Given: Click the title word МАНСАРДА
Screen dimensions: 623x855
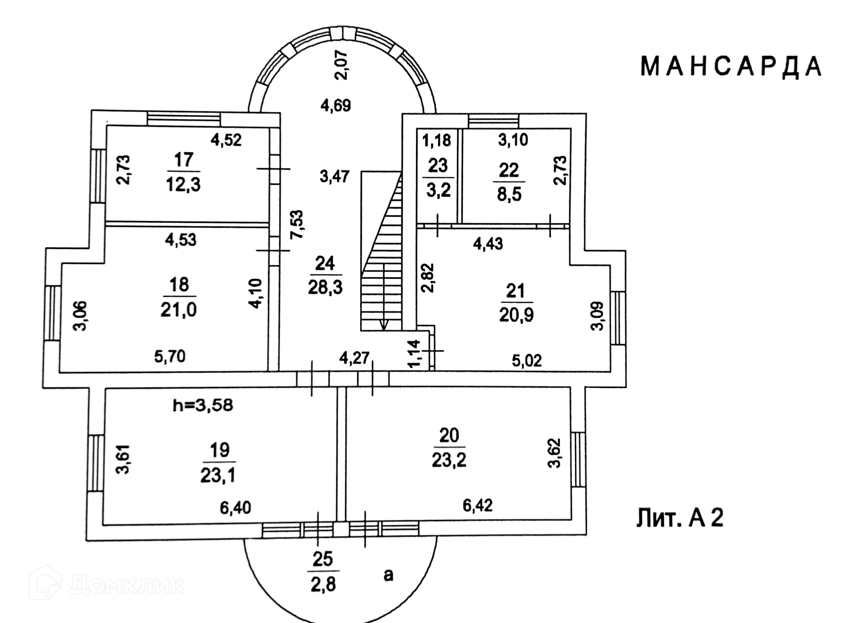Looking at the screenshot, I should (x=731, y=67).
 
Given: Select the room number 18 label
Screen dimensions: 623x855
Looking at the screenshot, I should (x=179, y=284).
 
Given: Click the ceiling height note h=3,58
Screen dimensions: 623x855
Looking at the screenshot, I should (x=203, y=406).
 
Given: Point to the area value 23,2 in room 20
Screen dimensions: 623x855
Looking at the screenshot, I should (x=449, y=459).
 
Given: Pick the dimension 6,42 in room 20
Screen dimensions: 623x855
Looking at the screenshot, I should (x=477, y=505).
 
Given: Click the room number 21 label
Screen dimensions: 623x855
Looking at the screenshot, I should (x=516, y=291).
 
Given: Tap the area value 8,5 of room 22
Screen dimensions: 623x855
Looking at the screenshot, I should (x=509, y=194).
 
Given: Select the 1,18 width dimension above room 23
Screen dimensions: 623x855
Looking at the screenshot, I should (x=436, y=140).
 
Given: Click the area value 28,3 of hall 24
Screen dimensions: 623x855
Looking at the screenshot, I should (x=325, y=287).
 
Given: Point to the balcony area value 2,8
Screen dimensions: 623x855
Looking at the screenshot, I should (x=323, y=585).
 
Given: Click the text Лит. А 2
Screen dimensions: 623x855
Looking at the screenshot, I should (x=680, y=518).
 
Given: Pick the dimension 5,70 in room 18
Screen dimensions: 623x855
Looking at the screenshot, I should (x=170, y=356).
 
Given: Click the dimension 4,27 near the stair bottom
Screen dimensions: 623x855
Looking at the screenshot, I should (x=354, y=357).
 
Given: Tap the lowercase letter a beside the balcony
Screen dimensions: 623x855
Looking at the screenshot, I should (x=389, y=575).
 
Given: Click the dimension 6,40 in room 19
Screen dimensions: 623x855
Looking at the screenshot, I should (x=235, y=507).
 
